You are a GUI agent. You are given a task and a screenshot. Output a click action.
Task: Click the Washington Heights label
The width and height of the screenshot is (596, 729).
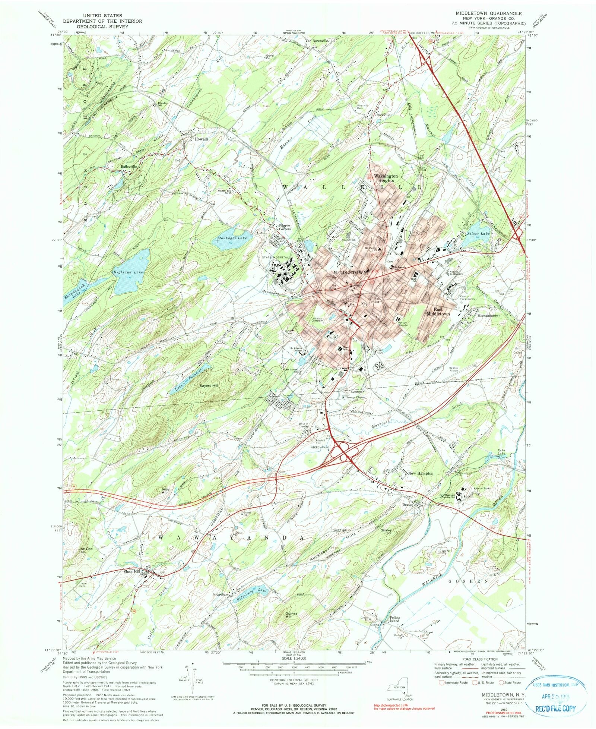[386, 178]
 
